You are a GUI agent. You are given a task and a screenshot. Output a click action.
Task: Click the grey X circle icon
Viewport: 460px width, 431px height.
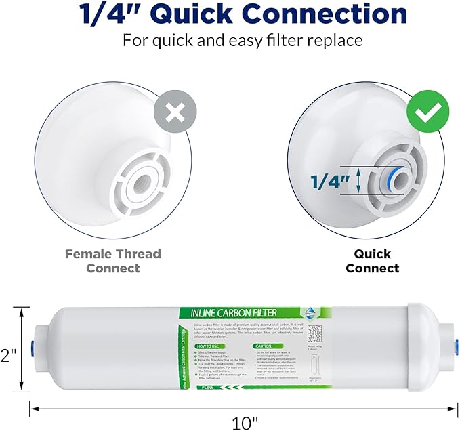(175, 113)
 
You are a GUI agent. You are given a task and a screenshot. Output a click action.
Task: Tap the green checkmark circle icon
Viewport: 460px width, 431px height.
(427, 114)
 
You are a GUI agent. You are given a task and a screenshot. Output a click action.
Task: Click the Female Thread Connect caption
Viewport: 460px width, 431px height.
(112, 261)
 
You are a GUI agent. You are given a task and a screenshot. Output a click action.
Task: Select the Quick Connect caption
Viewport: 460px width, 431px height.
(372, 261)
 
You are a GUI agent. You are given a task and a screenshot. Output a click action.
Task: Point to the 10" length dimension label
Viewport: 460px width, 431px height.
(245, 423)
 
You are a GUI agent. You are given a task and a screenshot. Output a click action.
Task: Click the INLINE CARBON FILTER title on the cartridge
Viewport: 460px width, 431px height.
(238, 313)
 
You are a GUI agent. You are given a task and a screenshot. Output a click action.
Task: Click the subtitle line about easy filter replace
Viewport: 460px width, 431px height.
(243, 40)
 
